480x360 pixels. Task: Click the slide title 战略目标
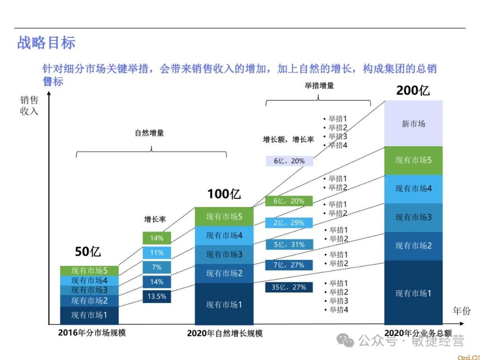tap(46, 43)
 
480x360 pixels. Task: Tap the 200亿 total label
tap(413, 91)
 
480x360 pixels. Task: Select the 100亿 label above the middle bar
tap(224, 194)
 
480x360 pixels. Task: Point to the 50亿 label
tap(88, 252)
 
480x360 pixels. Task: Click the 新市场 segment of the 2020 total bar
tap(413, 124)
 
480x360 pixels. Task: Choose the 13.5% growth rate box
tap(156, 296)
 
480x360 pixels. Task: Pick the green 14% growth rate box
tap(156, 238)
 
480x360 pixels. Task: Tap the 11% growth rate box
tap(156, 253)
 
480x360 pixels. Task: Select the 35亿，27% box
tap(289, 287)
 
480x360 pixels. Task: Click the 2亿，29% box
tap(289, 223)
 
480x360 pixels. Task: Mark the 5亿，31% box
tap(289, 244)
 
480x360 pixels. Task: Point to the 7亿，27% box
tap(289, 265)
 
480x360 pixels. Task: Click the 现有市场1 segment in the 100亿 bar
tap(224, 305)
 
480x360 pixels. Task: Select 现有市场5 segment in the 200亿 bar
tap(413, 160)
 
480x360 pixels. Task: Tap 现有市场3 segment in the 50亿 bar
tap(89, 290)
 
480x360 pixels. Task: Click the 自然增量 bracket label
tap(149, 133)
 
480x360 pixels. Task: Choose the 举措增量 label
tap(319, 86)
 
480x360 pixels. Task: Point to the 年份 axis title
tap(461, 311)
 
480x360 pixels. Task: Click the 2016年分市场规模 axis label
tap(92, 332)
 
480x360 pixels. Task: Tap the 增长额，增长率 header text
tap(288, 140)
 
